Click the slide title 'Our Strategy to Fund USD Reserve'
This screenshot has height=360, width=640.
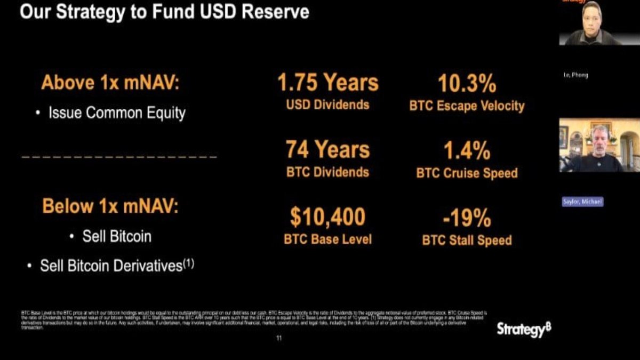[x=164, y=12]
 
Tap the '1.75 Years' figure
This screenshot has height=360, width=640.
[x=327, y=83]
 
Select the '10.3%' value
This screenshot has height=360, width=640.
[x=467, y=84]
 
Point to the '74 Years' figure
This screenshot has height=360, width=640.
[x=327, y=150]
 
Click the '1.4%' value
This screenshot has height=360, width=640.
[x=467, y=151]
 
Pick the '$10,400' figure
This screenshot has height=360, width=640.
[x=327, y=217]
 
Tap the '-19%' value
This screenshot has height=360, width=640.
[x=467, y=218]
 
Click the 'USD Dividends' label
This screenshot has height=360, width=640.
[x=327, y=105]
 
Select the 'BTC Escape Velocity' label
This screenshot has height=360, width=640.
[x=467, y=106]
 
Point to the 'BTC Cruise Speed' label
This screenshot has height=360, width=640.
[x=467, y=173]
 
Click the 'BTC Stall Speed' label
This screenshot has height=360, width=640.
[x=467, y=240]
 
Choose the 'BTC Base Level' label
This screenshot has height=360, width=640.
[x=327, y=239]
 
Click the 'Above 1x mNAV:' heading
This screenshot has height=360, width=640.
[x=110, y=83]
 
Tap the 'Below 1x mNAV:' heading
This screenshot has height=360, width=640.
[x=110, y=206]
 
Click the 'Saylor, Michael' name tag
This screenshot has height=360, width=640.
[x=582, y=202]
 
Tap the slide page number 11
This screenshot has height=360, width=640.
[x=279, y=338]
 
